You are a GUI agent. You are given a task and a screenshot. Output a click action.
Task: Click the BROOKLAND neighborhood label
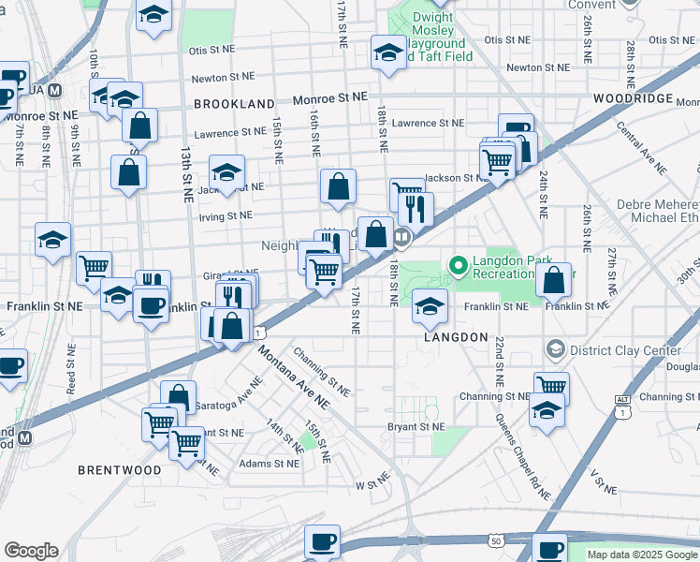pos(235,104)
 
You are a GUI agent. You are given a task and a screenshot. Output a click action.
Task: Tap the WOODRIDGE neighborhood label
pos(633,98)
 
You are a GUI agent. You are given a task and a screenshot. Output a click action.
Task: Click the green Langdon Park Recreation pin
pos(459,267)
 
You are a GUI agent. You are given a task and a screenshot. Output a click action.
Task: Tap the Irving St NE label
pos(226,215)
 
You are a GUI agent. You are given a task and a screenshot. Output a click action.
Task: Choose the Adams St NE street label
pos(268,463)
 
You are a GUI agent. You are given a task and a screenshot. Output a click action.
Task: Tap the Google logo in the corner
pos(31,551)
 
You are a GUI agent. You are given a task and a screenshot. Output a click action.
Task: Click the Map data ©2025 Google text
pos(641,555)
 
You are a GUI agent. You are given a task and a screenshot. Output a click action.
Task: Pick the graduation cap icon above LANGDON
pos(430,305)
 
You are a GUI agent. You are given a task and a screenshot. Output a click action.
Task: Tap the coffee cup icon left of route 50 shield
pos(323,540)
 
